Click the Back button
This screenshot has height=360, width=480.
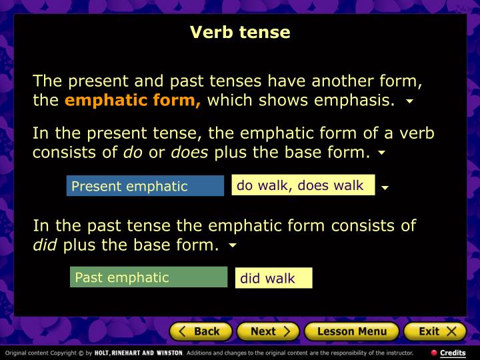click(201, 331)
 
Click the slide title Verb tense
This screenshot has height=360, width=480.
click(240, 32)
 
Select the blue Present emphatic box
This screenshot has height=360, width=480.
click(145, 186)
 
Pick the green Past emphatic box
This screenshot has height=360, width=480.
click(149, 277)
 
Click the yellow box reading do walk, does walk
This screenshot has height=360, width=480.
click(303, 185)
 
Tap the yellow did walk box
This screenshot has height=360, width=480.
click(273, 278)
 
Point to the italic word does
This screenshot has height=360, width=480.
click(190, 152)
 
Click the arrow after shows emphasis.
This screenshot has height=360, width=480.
click(409, 103)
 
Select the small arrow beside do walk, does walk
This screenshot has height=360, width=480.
click(385, 188)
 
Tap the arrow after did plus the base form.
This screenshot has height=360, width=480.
click(233, 246)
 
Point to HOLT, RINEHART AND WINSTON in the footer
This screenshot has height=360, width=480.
click(138, 353)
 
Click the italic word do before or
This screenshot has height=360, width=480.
click(133, 152)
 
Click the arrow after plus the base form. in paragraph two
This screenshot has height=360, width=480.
click(381, 153)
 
